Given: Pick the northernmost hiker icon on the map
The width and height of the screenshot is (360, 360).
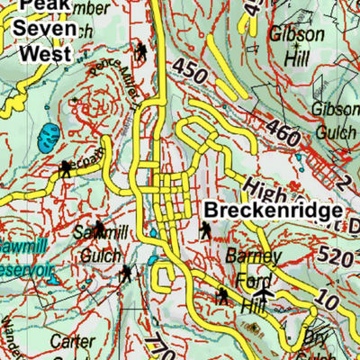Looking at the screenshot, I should [x=141, y=50].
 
